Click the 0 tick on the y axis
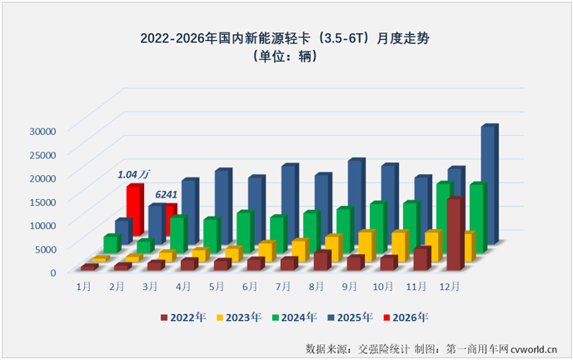(52, 272)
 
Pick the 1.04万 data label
(133, 174)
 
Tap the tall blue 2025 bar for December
(488, 183)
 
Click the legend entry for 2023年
(240, 317)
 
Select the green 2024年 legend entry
(293, 317)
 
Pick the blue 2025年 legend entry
(346, 317)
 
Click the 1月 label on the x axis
(83, 286)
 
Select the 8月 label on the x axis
(316, 286)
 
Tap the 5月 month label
(216, 286)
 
